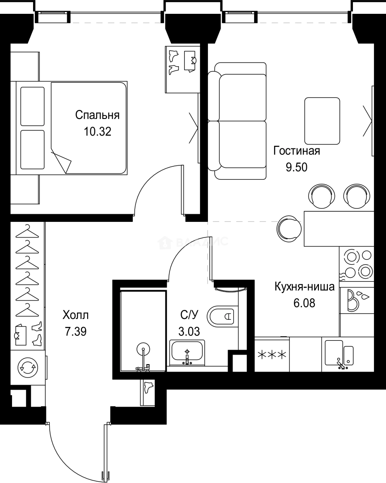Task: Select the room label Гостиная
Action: tap(297, 151)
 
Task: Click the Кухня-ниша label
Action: tap(304, 287)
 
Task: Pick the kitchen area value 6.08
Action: tap(304, 303)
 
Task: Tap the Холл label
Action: tap(76, 315)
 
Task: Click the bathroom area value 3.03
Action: tap(188, 331)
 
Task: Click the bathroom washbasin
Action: tap(187, 352)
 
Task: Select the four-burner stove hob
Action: tap(356, 264)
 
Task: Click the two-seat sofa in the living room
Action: tap(240, 121)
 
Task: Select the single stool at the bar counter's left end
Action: tap(289, 228)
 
